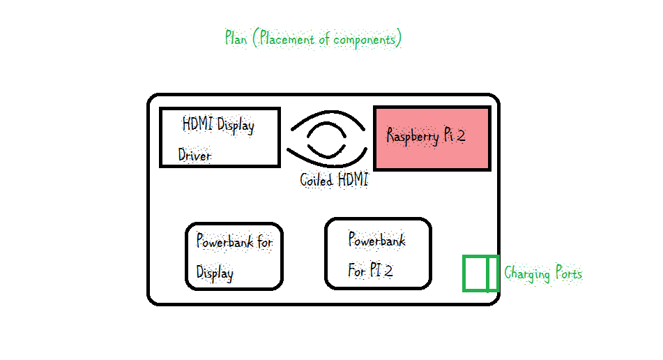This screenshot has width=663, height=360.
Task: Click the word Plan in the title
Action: point(236,38)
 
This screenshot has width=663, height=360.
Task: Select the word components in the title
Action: point(365,39)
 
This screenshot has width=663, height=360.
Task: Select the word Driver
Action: point(195,156)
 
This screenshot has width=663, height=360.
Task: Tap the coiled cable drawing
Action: point(326,138)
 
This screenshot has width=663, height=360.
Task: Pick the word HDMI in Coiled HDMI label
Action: point(353,180)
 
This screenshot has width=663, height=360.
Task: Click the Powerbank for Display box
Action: point(234,256)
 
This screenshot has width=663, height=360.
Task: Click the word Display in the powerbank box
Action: point(215,273)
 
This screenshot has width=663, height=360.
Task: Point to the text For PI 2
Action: point(370,271)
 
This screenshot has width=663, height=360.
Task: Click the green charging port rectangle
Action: point(481,273)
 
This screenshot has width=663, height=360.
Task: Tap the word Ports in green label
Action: point(568,273)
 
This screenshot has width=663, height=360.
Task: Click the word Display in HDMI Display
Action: point(236,126)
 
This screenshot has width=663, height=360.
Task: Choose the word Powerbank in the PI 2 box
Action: point(376,241)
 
